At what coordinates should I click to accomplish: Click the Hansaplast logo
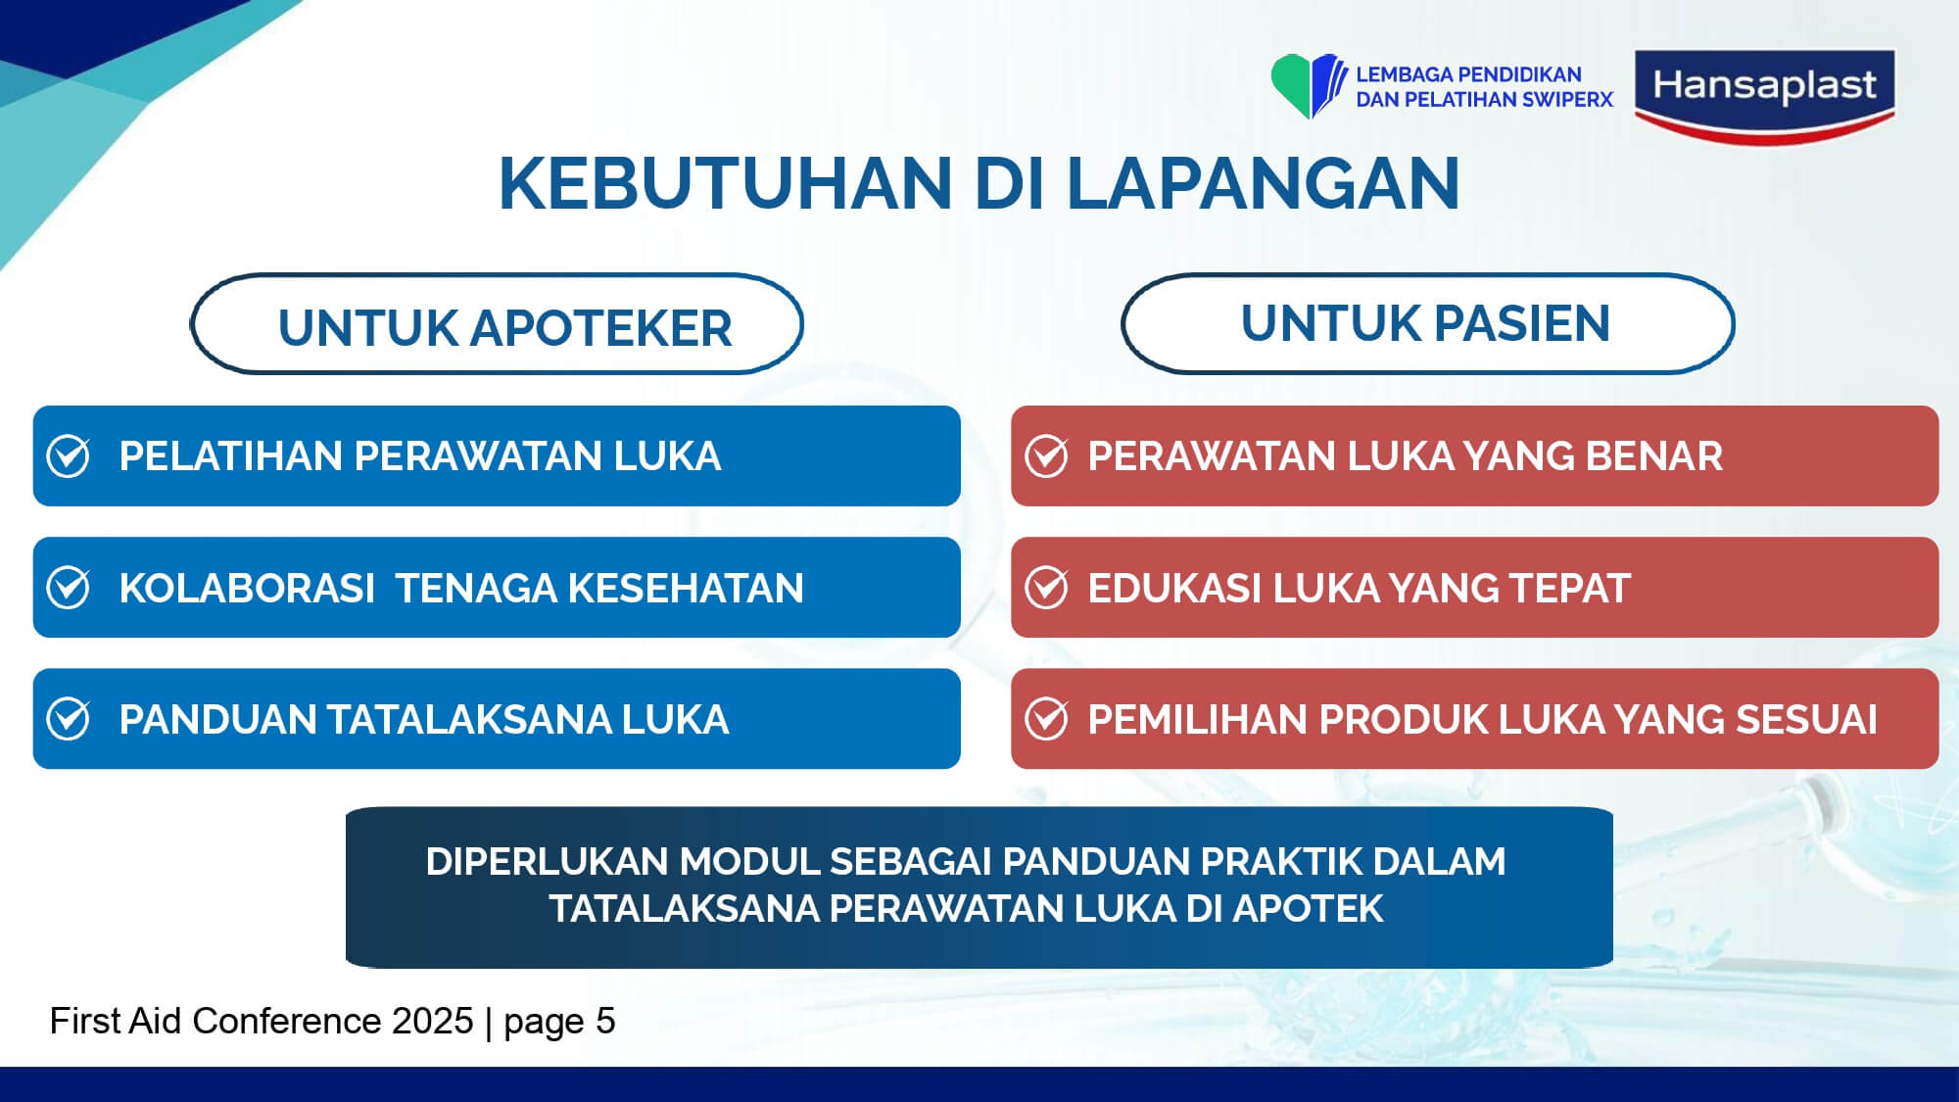[x=1765, y=96]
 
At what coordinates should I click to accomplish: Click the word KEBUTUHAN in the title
[x=725, y=183]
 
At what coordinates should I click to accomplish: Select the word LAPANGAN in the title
[x=1263, y=183]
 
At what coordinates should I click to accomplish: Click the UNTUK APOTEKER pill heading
[x=497, y=324]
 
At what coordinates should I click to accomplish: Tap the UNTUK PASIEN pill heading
[x=1427, y=323]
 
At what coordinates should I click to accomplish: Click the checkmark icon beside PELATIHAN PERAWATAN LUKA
[x=69, y=455]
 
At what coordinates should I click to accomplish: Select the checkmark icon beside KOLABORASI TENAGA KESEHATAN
[x=69, y=588]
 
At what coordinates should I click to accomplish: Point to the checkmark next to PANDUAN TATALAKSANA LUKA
[x=69, y=719]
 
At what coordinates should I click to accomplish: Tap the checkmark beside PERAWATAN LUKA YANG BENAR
[x=1046, y=455]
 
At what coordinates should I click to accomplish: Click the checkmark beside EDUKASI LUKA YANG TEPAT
[x=1046, y=588]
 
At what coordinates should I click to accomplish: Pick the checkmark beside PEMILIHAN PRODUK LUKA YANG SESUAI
[x=1046, y=719]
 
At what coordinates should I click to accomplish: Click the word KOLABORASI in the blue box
[x=247, y=588]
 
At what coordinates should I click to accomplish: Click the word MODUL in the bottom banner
[x=749, y=861]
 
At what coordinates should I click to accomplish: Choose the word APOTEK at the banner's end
[x=1308, y=908]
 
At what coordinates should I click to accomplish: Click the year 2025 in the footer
[x=433, y=1021]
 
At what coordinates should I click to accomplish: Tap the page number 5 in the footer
[x=606, y=1021]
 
